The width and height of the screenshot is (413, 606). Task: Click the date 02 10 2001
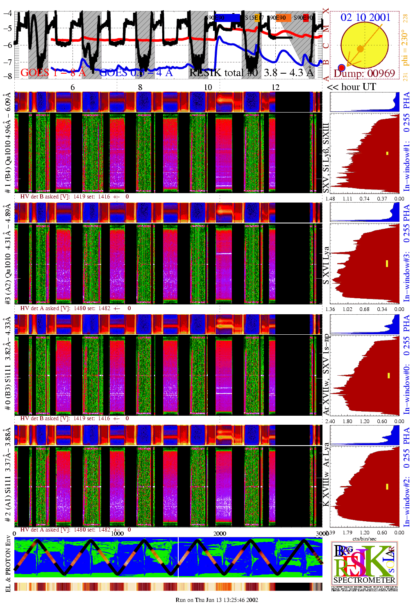tap(365, 17)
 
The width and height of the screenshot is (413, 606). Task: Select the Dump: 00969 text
tap(364, 74)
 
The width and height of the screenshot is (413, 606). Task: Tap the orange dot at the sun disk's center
tap(360, 49)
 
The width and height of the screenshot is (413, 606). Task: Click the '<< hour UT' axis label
tap(351, 87)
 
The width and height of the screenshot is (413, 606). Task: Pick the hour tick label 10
tap(208, 87)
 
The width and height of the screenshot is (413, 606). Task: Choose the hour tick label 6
tap(73, 87)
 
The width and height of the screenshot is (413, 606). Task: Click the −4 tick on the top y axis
tap(8, 13)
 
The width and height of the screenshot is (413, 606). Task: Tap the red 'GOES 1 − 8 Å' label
tap(53, 73)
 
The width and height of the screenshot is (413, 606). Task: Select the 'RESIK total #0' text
tap(223, 73)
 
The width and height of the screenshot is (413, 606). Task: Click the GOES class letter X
tap(326, 11)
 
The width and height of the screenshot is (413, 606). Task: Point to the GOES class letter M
tap(326, 29)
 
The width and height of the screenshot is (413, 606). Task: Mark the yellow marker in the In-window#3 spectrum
tap(387, 264)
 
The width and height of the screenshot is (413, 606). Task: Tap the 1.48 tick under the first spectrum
tap(330, 199)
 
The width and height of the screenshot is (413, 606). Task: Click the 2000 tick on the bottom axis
tap(220, 534)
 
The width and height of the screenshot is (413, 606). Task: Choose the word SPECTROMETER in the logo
tap(364, 580)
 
